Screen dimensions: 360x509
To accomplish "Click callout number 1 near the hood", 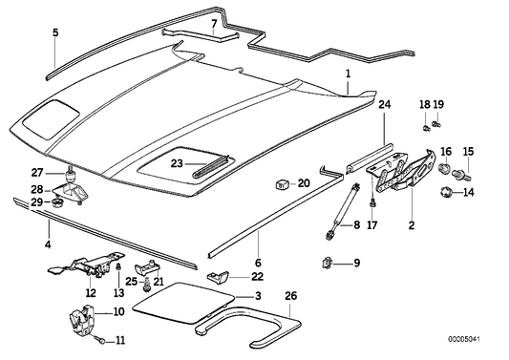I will tap(349, 74).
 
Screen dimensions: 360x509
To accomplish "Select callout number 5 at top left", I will tap(55, 32).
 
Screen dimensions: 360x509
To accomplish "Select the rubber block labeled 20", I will tap(282, 182).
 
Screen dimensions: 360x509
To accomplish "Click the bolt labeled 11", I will tap(98, 339).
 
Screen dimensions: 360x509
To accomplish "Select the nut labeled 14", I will tap(444, 193).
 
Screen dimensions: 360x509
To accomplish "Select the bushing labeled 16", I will tap(445, 171).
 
